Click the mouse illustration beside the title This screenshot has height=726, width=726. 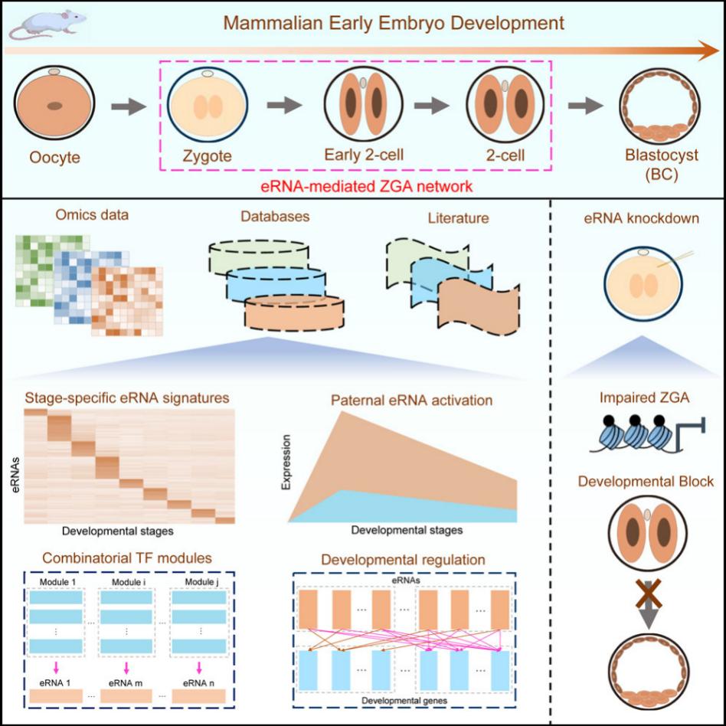pos(46,23)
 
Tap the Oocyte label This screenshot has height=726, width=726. pos(54,158)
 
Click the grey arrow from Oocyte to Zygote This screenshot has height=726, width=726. pos(129,106)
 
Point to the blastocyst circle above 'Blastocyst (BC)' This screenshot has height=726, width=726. pos(660,105)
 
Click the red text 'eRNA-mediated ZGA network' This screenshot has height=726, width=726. pos(367,187)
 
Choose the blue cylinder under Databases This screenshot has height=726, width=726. pos(276,284)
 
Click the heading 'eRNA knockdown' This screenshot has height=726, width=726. pos(641,218)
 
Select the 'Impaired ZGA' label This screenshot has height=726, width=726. pos(644,397)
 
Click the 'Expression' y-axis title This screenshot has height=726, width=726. pos(286,462)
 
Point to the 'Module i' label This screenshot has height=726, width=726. pos(126,581)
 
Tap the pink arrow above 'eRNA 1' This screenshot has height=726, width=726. pos(56,668)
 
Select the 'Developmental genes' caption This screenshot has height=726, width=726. pos(404,701)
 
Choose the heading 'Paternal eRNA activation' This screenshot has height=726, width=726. pos(411,400)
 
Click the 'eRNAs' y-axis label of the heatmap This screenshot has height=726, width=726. pos(15,475)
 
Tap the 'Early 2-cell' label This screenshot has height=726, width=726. pos(364,155)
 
